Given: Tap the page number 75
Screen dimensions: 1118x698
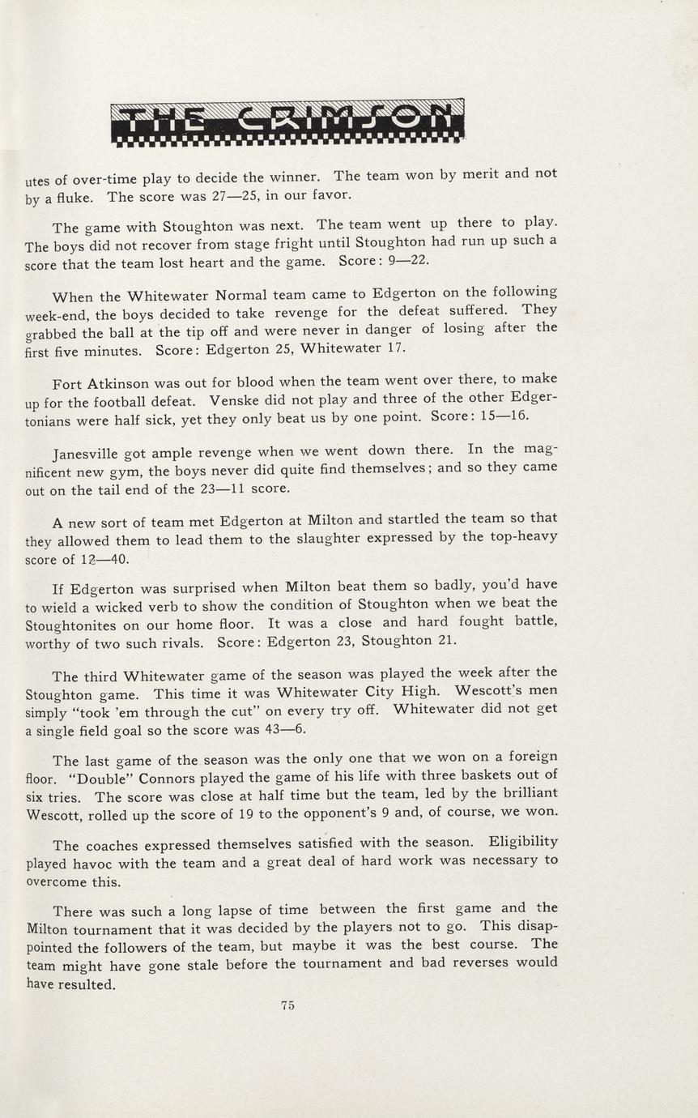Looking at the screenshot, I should [287, 1005].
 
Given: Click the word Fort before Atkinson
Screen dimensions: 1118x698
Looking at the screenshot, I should [67, 382].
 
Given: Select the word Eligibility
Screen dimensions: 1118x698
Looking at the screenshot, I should [523, 842].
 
